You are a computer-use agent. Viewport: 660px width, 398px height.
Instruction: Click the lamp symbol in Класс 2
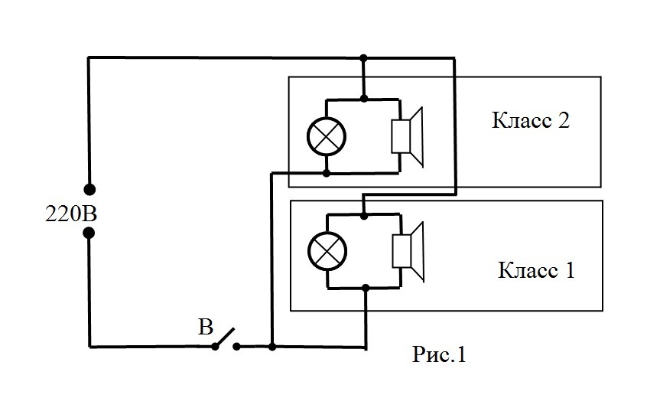[327, 136]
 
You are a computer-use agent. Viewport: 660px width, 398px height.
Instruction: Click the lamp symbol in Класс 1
[327, 251]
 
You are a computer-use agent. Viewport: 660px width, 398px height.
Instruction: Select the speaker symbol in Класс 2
[407, 136]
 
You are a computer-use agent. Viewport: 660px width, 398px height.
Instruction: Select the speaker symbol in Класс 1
[408, 252]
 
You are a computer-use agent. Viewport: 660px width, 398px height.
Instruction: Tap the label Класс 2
[531, 120]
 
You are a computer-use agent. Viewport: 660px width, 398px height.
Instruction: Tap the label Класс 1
[536, 270]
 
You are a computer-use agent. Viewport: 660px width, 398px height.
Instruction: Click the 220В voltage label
[71, 214]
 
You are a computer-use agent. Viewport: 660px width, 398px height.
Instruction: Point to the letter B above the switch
[206, 327]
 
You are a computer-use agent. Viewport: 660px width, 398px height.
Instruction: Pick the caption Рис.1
[440, 354]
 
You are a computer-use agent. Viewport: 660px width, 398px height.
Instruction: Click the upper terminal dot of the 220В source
[89, 190]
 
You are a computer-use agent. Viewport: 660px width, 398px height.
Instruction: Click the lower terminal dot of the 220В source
[89, 233]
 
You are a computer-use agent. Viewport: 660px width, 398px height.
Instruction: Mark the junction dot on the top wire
[364, 57]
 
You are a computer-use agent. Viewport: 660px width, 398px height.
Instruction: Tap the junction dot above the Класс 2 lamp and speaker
[364, 99]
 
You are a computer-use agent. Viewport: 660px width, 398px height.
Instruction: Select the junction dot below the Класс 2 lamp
[326, 173]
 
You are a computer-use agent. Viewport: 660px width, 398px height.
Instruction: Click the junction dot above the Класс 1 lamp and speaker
[364, 216]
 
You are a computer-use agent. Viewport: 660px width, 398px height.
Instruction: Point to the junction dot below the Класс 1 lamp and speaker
[366, 288]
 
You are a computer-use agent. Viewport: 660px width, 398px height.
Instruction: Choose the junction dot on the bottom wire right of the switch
[272, 347]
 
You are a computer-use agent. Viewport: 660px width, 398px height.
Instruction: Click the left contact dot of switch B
[215, 347]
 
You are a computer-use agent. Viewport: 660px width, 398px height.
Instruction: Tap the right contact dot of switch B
[237, 347]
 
